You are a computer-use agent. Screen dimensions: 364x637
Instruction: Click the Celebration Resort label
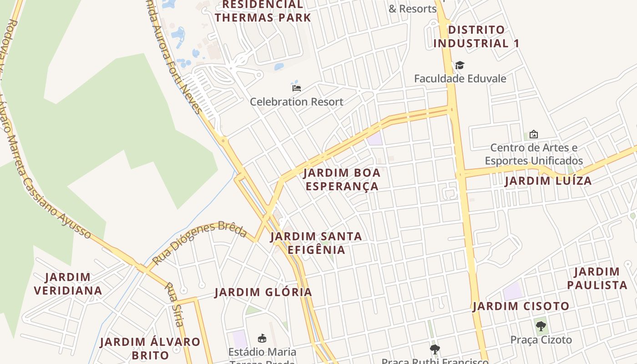coord(296,101)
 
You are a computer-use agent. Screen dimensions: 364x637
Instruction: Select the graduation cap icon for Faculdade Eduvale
coord(460,65)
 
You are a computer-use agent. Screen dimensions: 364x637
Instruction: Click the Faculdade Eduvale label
coord(460,78)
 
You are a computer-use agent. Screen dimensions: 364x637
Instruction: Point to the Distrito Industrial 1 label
coord(476,37)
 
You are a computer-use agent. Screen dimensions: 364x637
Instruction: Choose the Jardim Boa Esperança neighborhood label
coord(342,180)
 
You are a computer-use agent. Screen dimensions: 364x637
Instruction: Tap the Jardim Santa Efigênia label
coord(316,243)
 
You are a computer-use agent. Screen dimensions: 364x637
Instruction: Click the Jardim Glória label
coord(263,292)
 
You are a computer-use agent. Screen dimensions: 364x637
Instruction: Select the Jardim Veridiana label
coord(68,283)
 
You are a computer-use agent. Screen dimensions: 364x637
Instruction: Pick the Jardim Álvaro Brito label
coord(150,348)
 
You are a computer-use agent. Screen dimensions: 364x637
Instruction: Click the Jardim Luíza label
coord(548,181)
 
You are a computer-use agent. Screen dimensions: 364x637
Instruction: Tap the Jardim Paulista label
coord(597,278)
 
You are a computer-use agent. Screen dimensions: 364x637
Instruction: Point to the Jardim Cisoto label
coord(521,306)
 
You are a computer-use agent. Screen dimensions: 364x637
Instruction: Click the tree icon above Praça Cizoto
coord(541,326)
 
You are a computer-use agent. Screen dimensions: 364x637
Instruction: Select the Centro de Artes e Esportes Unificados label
coord(533,154)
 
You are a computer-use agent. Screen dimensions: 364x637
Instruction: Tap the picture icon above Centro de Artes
coord(533,134)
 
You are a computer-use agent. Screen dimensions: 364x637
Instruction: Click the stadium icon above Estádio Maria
coord(262,338)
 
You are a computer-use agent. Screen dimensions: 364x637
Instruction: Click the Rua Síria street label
coord(173,304)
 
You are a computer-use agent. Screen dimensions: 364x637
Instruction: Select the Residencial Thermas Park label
coord(263,11)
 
